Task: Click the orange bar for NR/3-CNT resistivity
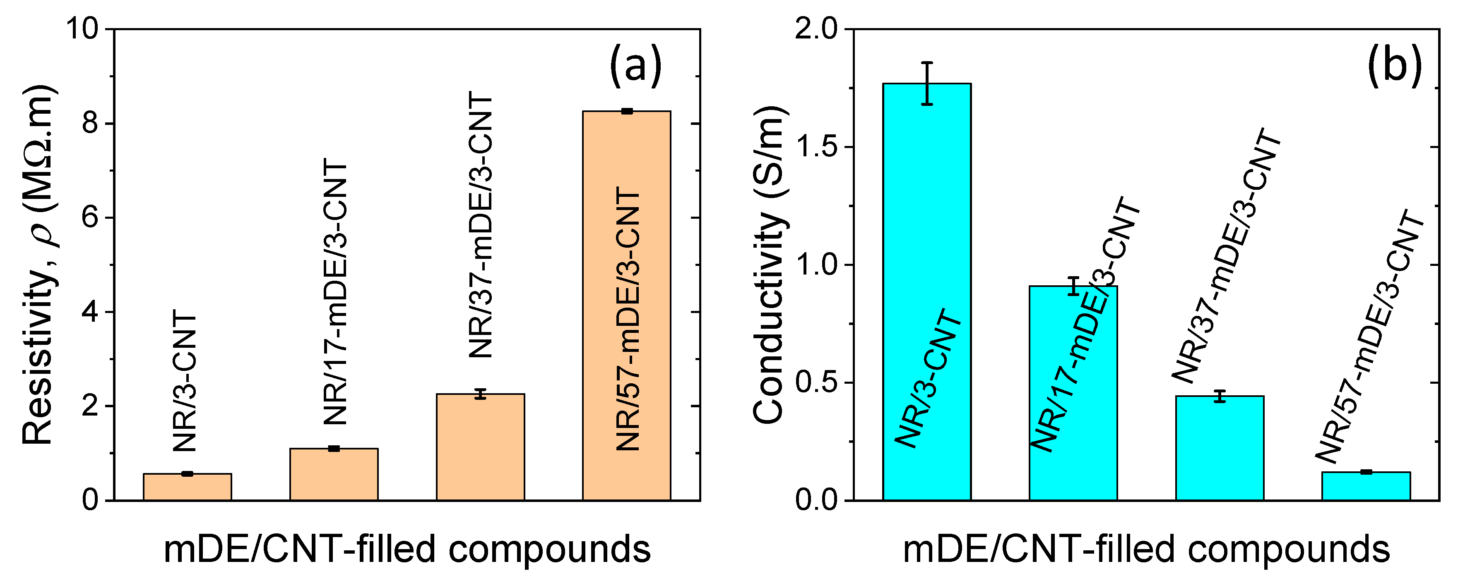click(188, 487)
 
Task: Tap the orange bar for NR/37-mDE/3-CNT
click(480, 447)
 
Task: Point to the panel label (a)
click(635, 66)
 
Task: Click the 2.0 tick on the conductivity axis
click(816, 28)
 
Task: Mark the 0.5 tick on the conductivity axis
click(816, 383)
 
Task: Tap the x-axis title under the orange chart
click(407, 549)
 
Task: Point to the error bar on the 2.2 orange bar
click(480, 394)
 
